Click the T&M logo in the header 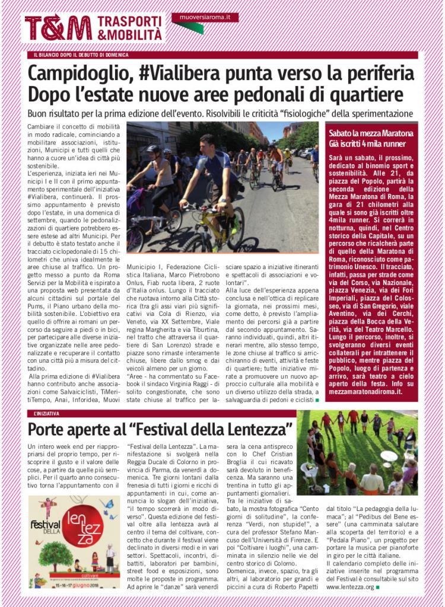pos(58,28)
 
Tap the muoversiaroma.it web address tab pos(205,18)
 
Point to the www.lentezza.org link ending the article pos(349,587)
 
